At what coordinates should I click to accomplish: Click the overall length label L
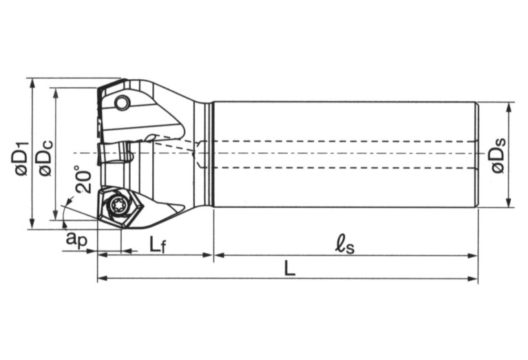(290, 269)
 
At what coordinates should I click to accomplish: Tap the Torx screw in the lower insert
(116, 204)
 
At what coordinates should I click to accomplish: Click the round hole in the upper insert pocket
(122, 104)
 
